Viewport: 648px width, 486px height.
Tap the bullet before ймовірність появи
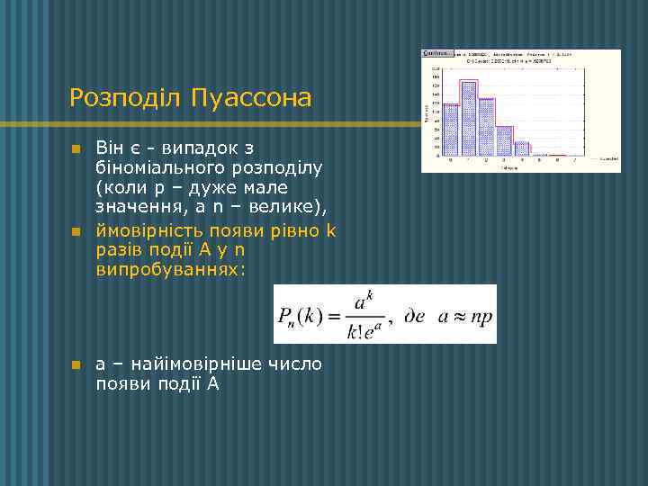(x=76, y=231)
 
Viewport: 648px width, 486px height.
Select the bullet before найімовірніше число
(x=76, y=364)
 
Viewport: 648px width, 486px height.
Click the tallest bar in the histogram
(x=469, y=118)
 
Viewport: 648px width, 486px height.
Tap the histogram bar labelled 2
(x=488, y=126)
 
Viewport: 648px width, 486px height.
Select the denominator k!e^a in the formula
(x=364, y=330)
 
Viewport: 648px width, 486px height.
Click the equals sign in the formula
(x=332, y=316)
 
